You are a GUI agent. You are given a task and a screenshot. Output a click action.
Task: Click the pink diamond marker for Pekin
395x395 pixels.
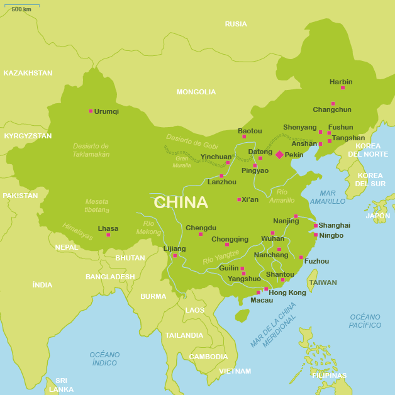pos(279,155)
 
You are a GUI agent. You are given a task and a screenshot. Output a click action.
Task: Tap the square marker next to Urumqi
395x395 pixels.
pos(91,111)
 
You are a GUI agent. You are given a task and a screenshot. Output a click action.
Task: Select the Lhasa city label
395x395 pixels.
pos(108,228)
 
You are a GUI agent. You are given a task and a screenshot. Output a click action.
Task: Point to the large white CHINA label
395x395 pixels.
pos(181,202)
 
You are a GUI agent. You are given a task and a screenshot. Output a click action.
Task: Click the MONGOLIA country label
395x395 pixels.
pos(196,92)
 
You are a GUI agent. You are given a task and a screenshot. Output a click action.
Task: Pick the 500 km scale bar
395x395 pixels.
pos(23,7)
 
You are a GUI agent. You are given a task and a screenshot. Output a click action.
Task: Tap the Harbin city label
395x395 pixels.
pos(341,82)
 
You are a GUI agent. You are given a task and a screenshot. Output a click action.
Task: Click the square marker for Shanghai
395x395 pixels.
pos(316,225)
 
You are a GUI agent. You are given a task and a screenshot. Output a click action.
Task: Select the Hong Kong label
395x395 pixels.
pos(287,292)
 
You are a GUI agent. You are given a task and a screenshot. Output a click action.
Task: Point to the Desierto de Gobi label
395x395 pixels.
pos(192,141)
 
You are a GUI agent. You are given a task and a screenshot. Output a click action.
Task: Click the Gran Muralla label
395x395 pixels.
pos(182,162)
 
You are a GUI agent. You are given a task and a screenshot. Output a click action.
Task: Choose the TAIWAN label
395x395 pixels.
pos(323,282)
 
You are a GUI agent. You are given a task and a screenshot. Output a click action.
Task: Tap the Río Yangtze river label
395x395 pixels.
pos(221,257)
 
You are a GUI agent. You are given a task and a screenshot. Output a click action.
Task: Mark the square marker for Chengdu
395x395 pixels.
pos(201,234)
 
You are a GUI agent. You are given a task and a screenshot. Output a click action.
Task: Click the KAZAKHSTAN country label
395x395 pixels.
pos(28,73)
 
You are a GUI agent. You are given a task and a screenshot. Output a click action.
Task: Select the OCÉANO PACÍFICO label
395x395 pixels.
pos(365,321)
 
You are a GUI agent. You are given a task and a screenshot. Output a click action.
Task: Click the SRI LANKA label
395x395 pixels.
pos(61,385)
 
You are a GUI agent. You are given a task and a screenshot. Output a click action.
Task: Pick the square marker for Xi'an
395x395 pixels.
pos(239,199)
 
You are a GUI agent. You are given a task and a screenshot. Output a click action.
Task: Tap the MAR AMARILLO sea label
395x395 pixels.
pos(328,197)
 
